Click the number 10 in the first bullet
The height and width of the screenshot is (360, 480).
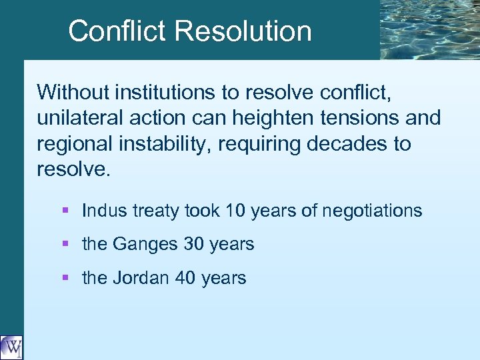(x=235, y=211)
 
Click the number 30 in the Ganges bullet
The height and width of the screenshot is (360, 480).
(x=193, y=244)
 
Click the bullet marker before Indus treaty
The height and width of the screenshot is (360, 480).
(x=65, y=211)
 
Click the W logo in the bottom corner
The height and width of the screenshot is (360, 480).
(x=11, y=347)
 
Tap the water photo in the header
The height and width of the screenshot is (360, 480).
(x=429, y=29)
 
